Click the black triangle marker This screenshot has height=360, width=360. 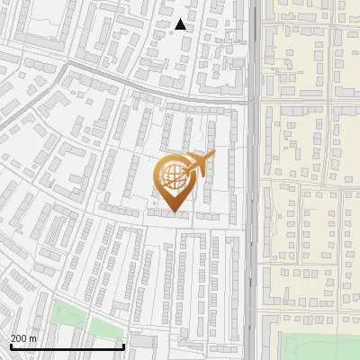point(181,25)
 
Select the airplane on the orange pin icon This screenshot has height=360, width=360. point(200,165)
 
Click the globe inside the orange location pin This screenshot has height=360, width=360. point(172,174)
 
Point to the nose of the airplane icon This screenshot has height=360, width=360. point(213,155)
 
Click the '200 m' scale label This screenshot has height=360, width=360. point(23,338)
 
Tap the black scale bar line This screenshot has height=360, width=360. point(67,346)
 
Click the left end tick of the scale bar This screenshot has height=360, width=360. point(11,345)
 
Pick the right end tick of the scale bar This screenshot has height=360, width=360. point(123,345)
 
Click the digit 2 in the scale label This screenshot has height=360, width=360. point(13,338)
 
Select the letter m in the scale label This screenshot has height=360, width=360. point(32,338)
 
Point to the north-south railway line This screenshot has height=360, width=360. point(255,180)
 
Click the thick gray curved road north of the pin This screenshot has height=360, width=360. point(135,85)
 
